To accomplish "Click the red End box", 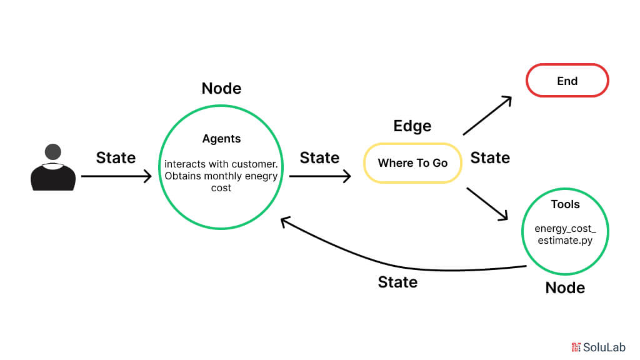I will (x=567, y=81).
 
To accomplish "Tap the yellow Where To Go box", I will (x=412, y=163).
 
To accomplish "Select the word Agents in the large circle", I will (x=221, y=139).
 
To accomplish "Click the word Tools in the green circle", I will (x=565, y=204).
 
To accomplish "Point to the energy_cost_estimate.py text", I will (x=565, y=234).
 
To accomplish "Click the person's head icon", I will (x=53, y=152).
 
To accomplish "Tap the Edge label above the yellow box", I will (x=412, y=126).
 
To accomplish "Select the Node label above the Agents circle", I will (x=221, y=89).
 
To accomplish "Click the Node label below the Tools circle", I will (x=565, y=287).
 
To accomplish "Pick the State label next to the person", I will (x=116, y=157).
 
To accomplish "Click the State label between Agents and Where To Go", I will (x=319, y=157).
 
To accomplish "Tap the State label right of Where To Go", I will (x=490, y=157).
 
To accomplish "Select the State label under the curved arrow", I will (x=397, y=282).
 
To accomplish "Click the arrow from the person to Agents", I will (x=116, y=176).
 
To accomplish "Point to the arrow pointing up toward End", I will (x=487, y=116).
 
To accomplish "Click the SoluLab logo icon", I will (x=576, y=347).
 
